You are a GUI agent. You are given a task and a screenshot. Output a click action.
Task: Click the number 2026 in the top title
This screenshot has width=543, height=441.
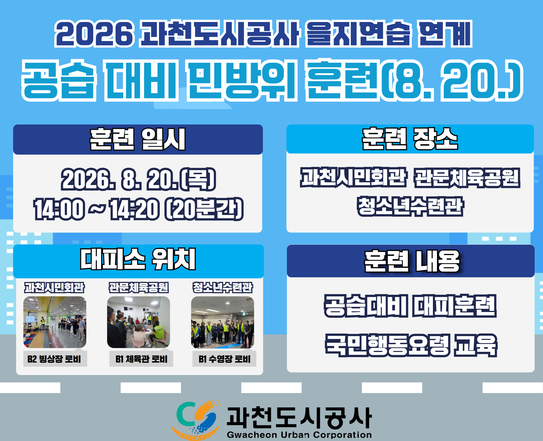[x=94, y=34]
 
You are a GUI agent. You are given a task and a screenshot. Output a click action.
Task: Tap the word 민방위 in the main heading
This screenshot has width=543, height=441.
[x=241, y=81]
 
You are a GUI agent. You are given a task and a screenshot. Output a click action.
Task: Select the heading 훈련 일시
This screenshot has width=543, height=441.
[x=137, y=139]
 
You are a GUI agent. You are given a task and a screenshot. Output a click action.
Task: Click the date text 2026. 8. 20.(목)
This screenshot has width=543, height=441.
[x=139, y=179]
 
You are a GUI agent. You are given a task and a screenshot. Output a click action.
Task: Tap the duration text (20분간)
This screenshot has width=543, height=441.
[x=204, y=209]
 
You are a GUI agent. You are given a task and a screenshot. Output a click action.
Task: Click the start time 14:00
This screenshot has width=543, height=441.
[x=59, y=209]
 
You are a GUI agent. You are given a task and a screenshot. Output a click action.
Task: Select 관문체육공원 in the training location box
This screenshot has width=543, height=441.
[x=467, y=178]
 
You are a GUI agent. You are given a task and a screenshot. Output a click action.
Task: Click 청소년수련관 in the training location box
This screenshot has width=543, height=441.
[x=410, y=206]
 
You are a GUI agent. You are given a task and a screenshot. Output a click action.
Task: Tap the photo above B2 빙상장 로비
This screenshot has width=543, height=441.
[x=55, y=322]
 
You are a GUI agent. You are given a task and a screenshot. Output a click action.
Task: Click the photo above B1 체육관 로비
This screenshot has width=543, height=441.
[x=139, y=322]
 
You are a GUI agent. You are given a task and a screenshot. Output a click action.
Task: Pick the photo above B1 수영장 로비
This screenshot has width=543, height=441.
[x=223, y=322]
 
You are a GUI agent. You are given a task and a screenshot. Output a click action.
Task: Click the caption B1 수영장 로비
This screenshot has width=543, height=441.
[x=224, y=359]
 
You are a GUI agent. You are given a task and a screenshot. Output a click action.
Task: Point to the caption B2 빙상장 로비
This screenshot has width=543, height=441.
[x=54, y=359]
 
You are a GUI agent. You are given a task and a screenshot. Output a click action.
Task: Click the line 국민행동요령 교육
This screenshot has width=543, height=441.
[x=411, y=346]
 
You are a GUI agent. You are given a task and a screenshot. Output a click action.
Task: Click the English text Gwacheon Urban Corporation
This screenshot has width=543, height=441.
[x=299, y=435]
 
